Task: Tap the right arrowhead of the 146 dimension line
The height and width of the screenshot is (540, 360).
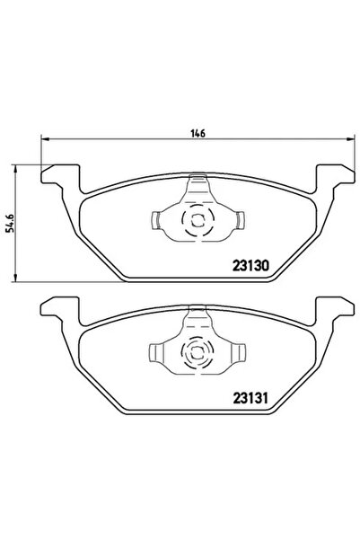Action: coord(345,140)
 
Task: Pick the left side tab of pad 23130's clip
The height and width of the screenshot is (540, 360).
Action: coord(155,220)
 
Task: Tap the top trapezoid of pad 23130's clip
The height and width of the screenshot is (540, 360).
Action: coord(196,189)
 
